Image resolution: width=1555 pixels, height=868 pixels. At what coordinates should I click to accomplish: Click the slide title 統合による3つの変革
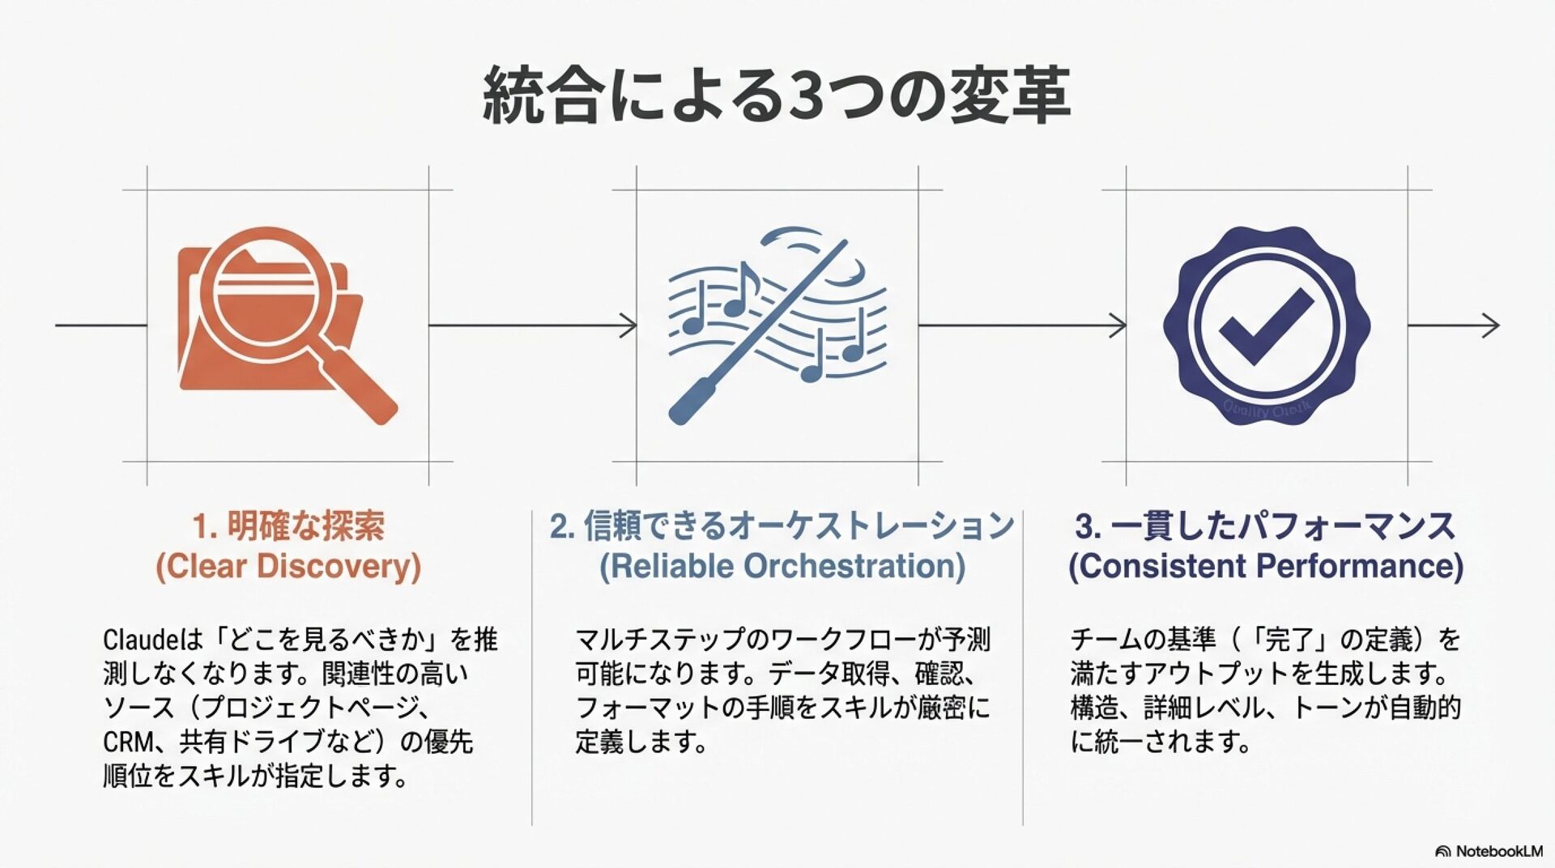click(776, 96)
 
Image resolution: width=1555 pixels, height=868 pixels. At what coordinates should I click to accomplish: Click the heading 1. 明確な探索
click(288, 526)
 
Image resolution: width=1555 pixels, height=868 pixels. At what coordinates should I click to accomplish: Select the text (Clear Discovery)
click(288, 566)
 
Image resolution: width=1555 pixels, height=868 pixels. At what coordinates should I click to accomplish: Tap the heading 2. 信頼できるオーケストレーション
click(782, 526)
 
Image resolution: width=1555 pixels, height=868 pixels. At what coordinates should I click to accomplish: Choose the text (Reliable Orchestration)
click(782, 566)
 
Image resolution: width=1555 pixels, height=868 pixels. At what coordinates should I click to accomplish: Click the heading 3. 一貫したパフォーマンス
click(1265, 526)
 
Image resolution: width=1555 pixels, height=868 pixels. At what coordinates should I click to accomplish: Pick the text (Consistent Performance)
click(1265, 566)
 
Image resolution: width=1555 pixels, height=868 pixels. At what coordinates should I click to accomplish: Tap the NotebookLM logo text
click(1498, 851)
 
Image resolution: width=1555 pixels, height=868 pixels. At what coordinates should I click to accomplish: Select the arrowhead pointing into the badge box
click(1119, 325)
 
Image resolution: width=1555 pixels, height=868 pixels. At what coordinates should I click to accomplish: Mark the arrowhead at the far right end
click(1493, 325)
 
